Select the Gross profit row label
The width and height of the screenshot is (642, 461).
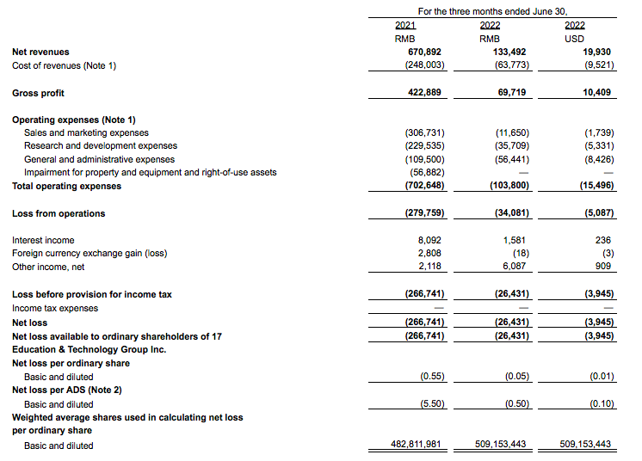38,93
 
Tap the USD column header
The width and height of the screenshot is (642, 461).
575,39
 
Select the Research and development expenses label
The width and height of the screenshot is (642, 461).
101,146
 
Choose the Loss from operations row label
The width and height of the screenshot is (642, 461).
59,213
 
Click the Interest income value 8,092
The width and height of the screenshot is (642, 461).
431,240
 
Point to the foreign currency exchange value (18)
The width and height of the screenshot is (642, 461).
518,253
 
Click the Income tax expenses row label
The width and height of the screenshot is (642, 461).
55,308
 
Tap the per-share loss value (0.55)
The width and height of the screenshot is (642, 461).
432,377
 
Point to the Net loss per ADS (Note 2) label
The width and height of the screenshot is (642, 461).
71,390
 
